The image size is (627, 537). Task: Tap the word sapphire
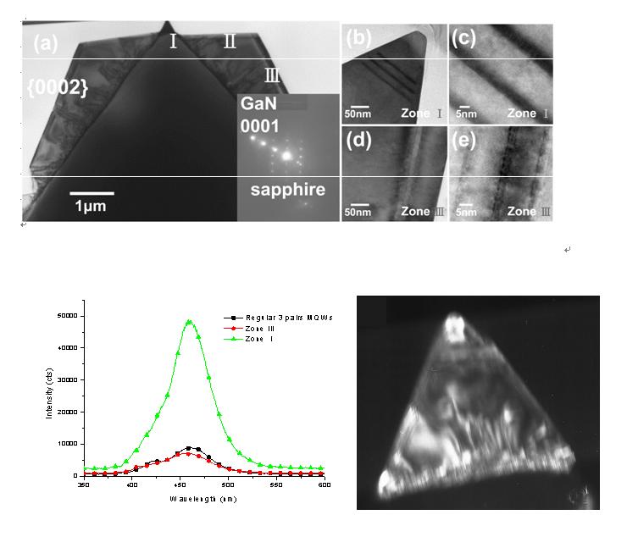[x=287, y=190]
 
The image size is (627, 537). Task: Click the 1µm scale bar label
[x=92, y=206]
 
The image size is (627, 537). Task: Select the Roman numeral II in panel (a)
[x=230, y=42]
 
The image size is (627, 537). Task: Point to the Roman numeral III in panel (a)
[x=272, y=75]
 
